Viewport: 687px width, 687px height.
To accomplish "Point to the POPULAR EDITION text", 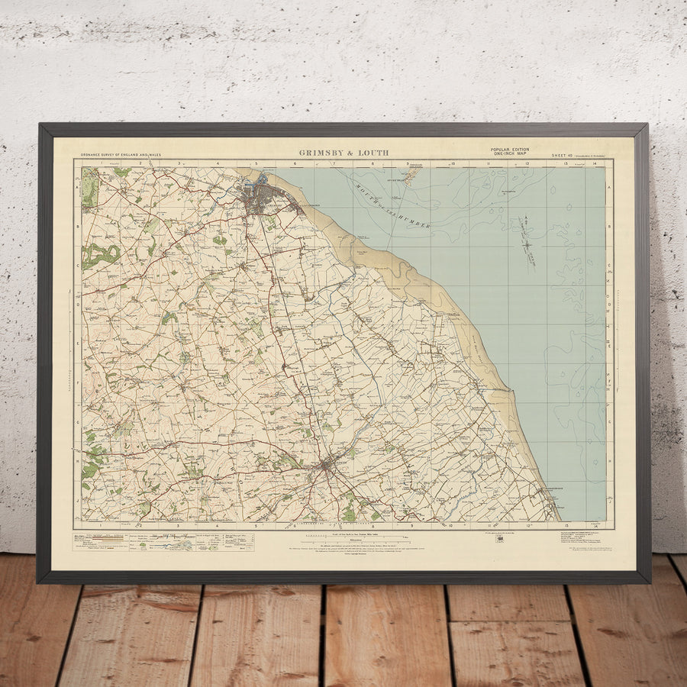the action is (x=511, y=150).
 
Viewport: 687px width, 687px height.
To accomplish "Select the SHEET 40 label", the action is (x=563, y=156).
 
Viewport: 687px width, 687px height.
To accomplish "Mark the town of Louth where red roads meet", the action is (x=327, y=463).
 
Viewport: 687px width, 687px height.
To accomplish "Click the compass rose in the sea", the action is (x=527, y=244).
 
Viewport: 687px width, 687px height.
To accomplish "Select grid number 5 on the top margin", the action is (x=256, y=163).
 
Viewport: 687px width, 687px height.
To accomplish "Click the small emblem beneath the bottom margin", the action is (x=499, y=538).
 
